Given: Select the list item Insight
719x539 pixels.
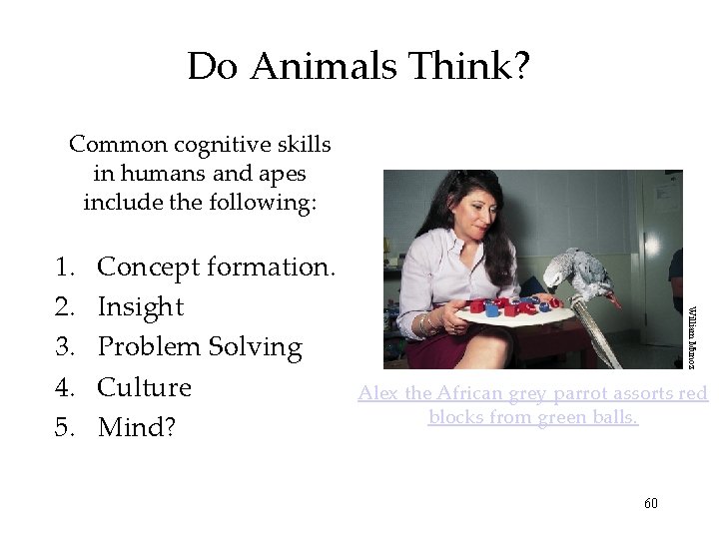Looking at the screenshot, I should (141, 307).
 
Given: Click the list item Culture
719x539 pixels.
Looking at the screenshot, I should (145, 387).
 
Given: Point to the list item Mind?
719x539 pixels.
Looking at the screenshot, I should (137, 427).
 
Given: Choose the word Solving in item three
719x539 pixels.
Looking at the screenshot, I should (255, 347).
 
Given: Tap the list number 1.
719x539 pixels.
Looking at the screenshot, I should (65, 268).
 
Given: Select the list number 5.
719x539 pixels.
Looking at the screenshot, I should (65, 427).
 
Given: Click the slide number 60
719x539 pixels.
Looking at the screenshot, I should (651, 503).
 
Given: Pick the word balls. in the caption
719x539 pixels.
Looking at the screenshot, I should (611, 416).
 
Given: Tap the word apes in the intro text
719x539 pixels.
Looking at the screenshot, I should (256, 173).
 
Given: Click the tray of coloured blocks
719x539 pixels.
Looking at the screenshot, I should (509, 310).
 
